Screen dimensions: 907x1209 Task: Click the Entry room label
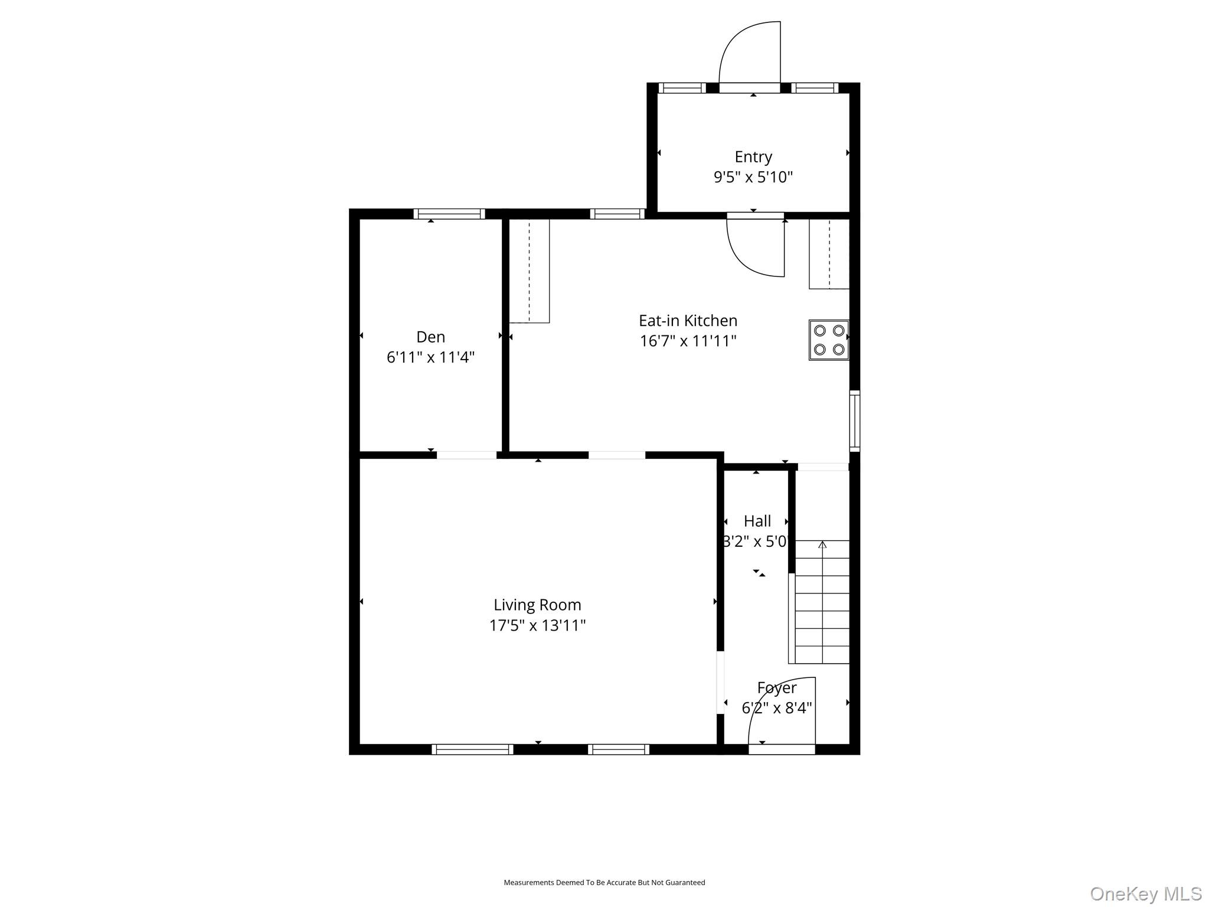click(753, 156)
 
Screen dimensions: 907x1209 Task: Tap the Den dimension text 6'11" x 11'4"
click(430, 357)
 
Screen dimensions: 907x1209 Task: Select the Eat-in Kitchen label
click(688, 321)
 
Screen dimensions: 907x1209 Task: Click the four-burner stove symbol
click(828, 340)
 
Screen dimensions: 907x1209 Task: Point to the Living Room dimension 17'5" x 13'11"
click(537, 625)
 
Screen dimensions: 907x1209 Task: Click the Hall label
click(757, 521)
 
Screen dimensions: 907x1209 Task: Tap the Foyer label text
click(776, 688)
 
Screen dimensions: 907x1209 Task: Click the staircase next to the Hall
click(822, 602)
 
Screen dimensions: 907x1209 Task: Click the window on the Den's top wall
click(449, 214)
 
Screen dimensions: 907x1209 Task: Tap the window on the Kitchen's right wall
click(854, 420)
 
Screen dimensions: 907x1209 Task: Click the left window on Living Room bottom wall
click(472, 749)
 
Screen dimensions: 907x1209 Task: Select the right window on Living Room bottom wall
click(618, 749)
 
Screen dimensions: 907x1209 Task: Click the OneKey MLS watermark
click(1145, 893)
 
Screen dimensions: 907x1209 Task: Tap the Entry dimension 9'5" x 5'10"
click(753, 177)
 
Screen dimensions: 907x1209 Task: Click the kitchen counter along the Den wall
click(529, 270)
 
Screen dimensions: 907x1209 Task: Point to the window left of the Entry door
click(682, 88)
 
